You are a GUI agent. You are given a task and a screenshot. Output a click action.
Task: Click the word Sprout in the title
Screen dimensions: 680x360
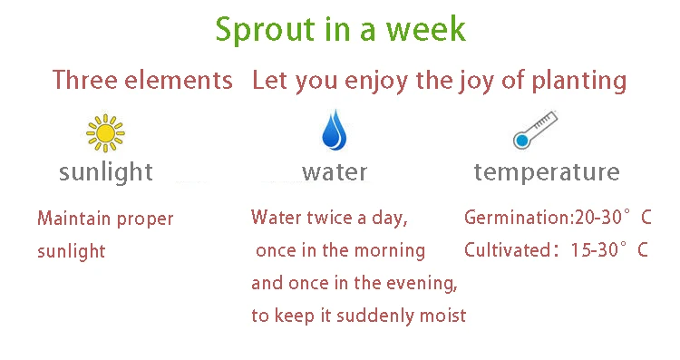point(265,30)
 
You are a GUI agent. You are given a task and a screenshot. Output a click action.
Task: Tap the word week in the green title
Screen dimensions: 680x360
point(426,29)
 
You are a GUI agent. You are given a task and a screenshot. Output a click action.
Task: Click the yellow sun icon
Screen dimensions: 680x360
point(105,133)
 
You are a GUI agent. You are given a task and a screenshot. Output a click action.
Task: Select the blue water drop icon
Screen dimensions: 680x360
point(335,130)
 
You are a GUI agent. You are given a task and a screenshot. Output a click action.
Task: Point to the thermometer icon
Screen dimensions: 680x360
point(535,130)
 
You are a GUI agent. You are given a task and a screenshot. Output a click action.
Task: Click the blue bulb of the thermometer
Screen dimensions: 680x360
point(522,141)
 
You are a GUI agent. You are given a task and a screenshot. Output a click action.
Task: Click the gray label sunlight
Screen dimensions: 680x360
point(106,172)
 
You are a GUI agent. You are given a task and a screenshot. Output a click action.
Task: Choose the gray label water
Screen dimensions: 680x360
point(335,172)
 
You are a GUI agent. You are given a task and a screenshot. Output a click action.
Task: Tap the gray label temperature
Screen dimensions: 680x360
point(547,172)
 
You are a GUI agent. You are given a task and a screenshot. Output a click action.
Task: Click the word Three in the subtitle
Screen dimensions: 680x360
point(85,80)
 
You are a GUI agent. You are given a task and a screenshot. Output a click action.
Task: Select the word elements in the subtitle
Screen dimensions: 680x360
point(179,80)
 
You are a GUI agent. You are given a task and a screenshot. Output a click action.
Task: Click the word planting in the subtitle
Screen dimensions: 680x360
point(579,82)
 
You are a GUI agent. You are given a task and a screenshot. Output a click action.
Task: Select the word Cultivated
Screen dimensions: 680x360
point(508,250)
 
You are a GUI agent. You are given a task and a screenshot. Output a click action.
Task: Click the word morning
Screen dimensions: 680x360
point(390,251)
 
